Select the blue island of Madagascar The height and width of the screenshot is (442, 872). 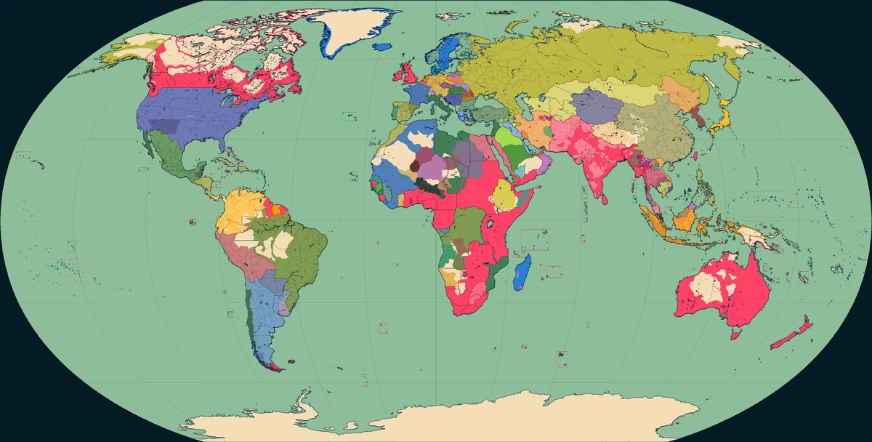pos(522,271)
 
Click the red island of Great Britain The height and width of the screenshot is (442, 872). pos(408,73)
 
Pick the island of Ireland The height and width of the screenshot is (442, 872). pos(397,75)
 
